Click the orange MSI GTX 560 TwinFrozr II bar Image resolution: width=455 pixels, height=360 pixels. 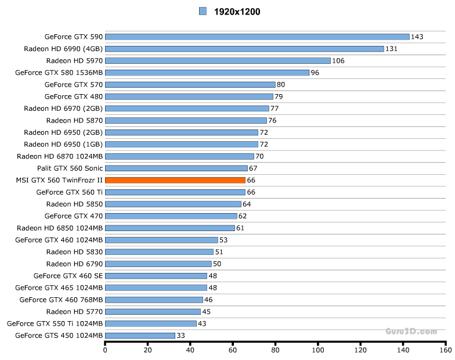pos(175,180)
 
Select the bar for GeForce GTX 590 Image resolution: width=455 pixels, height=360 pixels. pos(257,37)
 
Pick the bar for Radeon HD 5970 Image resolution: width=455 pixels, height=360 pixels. pos(218,60)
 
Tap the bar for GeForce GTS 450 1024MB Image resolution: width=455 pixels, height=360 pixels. pos(140,336)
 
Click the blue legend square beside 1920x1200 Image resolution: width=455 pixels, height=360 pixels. pos(203,11)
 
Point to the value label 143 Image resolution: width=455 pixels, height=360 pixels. pos(417,37)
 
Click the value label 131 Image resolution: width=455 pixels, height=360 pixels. pos(392,49)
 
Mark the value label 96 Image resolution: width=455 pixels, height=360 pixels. pos(315,73)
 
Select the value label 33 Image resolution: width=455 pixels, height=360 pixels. pos(181,336)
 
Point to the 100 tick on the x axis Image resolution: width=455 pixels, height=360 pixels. pos(318,350)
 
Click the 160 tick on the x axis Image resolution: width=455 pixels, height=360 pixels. pos(446,350)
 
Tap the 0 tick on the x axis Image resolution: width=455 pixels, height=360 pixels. pos(105,350)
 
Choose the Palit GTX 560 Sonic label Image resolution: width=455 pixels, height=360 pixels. pos(70,168)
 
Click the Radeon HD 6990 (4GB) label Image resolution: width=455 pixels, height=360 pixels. pos(63,49)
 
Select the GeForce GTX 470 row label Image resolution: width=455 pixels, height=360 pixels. pos(74,216)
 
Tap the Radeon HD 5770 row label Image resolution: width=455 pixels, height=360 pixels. pos(75,312)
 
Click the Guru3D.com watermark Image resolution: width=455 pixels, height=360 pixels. pos(411,331)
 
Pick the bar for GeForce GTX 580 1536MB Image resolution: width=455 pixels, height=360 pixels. pos(207,73)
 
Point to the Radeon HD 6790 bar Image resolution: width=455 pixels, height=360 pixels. pos(158,264)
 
